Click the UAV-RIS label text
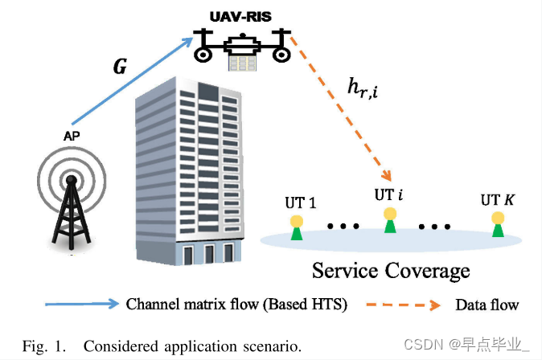click(x=241, y=16)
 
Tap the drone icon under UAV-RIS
click(x=242, y=45)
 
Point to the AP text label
click(x=72, y=137)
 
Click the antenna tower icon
click(x=72, y=205)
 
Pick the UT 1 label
click(x=301, y=201)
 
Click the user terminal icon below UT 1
click(x=297, y=227)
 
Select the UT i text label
click(x=388, y=195)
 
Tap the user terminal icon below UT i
click(x=391, y=220)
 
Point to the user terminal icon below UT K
click(x=499, y=225)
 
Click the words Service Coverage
click(x=390, y=271)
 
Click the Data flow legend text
click(x=487, y=305)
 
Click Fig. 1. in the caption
click(x=43, y=346)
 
